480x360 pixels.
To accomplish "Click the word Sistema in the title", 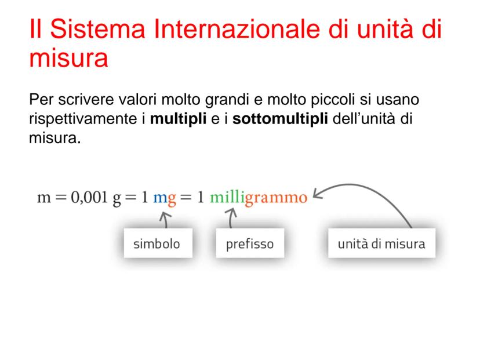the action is [x=97, y=29].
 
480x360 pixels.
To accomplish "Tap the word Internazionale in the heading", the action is [x=237, y=29].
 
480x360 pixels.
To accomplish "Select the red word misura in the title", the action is [x=68, y=58].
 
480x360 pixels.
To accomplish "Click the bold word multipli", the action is [x=178, y=119].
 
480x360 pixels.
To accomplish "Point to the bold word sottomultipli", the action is [x=280, y=119].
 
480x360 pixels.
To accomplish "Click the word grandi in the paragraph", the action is [x=227, y=100].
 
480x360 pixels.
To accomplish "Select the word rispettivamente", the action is [x=83, y=119].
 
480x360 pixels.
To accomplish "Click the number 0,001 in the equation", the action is [x=89, y=198].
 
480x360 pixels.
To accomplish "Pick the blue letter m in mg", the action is [x=160, y=198].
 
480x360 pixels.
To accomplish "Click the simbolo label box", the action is [x=158, y=243].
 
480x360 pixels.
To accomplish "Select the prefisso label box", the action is [x=250, y=243].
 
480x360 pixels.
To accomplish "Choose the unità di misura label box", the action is [x=381, y=243].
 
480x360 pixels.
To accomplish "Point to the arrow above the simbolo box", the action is [x=166, y=220].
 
